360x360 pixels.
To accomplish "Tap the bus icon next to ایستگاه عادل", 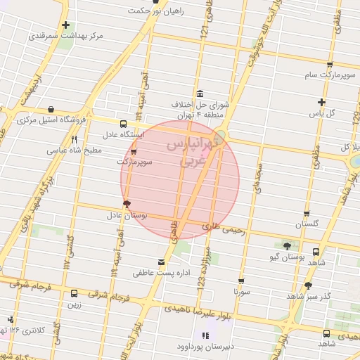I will tap(124, 123).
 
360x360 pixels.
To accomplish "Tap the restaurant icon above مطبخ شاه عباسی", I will tap(74, 139).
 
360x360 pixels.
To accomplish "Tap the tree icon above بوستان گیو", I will tap(286, 246).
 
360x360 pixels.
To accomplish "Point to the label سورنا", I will tap(241, 290).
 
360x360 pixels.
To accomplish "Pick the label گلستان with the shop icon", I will tap(307, 224).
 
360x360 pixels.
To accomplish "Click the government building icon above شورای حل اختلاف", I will tap(200, 94).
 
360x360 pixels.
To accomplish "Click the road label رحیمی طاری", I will tap(223, 229).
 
